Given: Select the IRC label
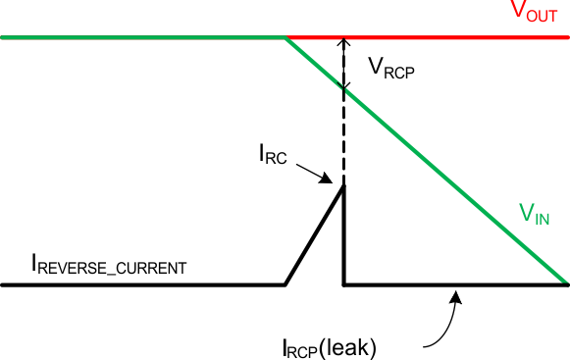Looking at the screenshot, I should pyautogui.click(x=274, y=155).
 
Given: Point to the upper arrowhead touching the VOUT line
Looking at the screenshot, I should pyautogui.click(x=343, y=43).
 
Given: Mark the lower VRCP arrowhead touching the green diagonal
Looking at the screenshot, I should pyautogui.click(x=343, y=86).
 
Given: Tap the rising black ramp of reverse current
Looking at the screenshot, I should pyautogui.click(x=314, y=235).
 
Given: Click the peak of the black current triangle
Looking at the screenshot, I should pyautogui.click(x=343, y=186).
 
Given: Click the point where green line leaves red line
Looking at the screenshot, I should pyautogui.click(x=285, y=37).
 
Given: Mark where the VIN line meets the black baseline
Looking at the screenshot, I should pyautogui.click(x=566, y=283).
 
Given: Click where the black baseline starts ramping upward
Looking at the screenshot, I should pyautogui.click(x=285, y=284).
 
